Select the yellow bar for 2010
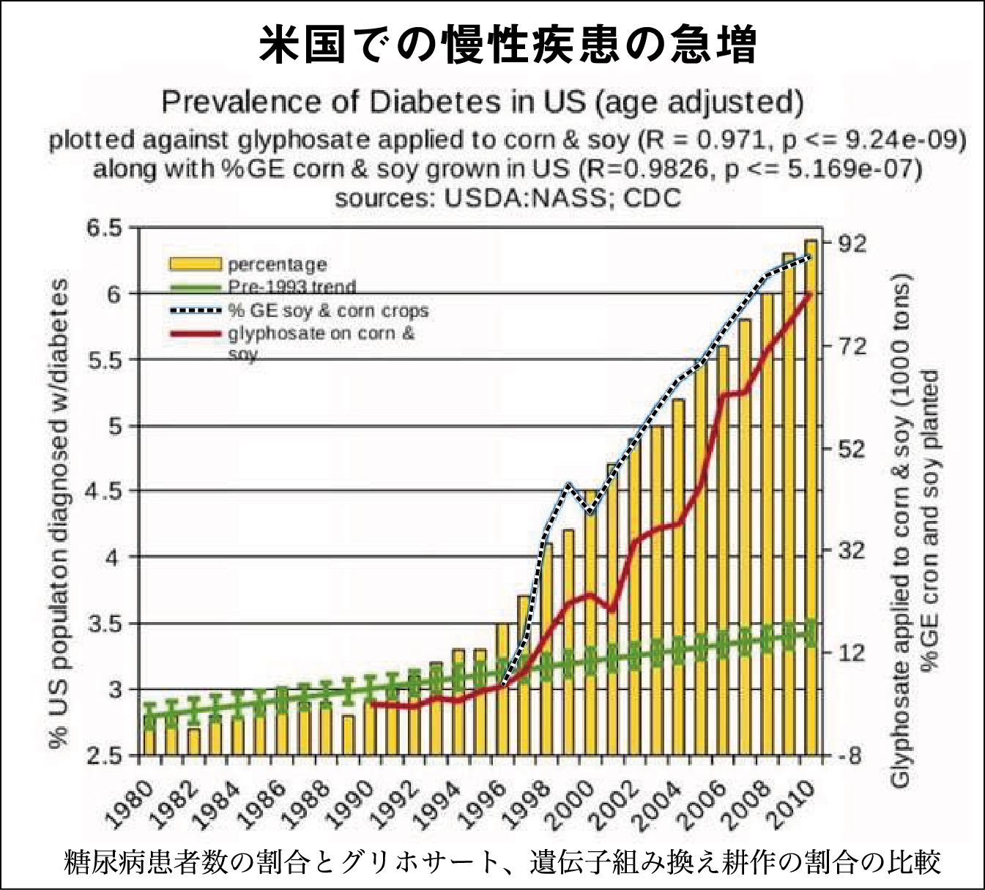click(x=811, y=498)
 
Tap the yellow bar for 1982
click(x=193, y=741)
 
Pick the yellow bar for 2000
click(x=590, y=622)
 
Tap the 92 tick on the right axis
click(x=851, y=243)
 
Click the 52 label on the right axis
click(x=851, y=448)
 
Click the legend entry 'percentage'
click(x=277, y=264)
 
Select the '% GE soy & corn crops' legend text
click(x=327, y=310)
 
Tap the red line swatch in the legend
click(x=195, y=334)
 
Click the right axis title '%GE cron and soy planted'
click(x=930, y=520)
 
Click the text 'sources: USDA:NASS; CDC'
click(x=508, y=198)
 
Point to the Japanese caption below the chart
click(x=502, y=862)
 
